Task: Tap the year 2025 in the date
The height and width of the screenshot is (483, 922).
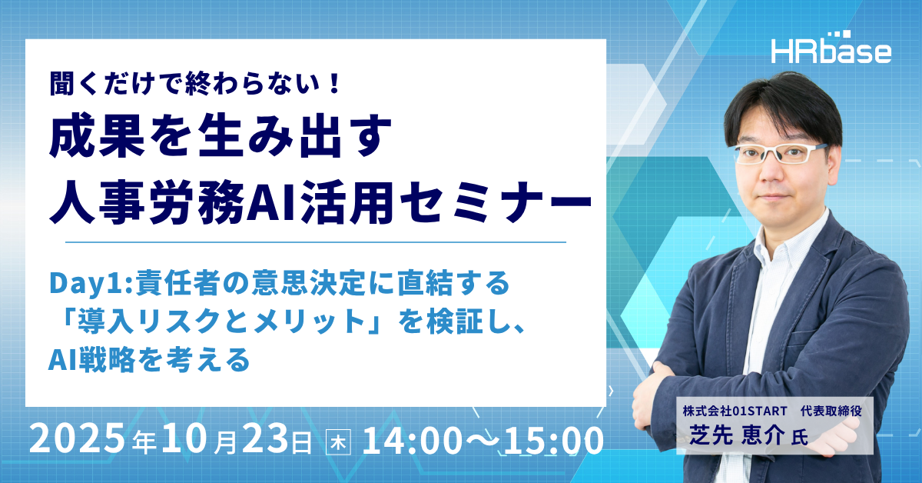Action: pyautogui.click(x=77, y=440)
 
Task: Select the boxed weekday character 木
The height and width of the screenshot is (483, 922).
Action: pyautogui.click(x=338, y=442)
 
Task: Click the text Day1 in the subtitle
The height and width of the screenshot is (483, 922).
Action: pyautogui.click(x=86, y=284)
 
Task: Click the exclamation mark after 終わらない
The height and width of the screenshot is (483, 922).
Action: pyautogui.click(x=334, y=84)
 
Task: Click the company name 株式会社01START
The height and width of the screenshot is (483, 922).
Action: pyautogui.click(x=735, y=411)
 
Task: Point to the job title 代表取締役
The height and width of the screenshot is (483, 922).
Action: pyautogui.click(x=831, y=411)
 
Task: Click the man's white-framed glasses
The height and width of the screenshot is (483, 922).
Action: pyautogui.click(x=780, y=154)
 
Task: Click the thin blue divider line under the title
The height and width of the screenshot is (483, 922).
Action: pyautogui.click(x=316, y=242)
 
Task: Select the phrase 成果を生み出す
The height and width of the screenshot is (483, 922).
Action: pyautogui.click(x=221, y=137)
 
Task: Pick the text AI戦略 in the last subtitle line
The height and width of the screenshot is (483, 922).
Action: pyautogui.click(x=91, y=360)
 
